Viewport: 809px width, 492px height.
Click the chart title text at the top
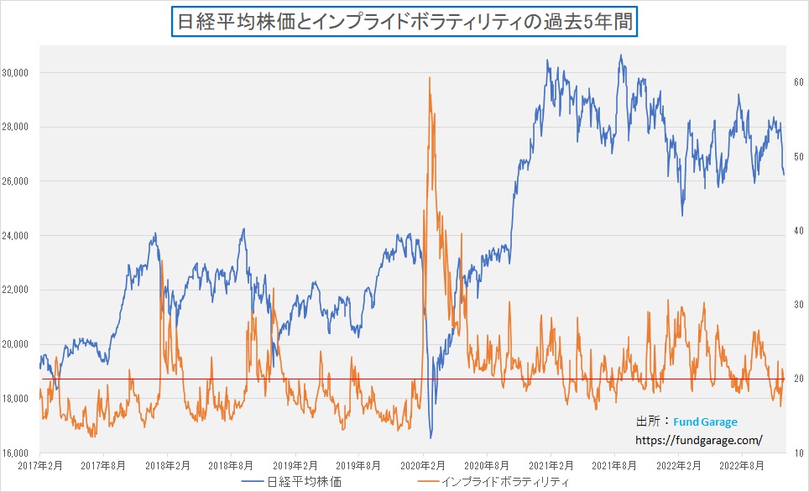(405, 20)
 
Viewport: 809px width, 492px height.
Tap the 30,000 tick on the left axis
(16, 73)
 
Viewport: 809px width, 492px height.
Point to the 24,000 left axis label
(16, 236)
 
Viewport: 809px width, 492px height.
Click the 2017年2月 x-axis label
(39, 464)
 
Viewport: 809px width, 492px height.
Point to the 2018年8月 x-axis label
(231, 464)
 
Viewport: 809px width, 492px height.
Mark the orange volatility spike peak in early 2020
(430, 77)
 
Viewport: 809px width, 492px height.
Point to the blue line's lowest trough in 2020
(431, 437)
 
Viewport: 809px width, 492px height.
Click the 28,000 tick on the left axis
(16, 128)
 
